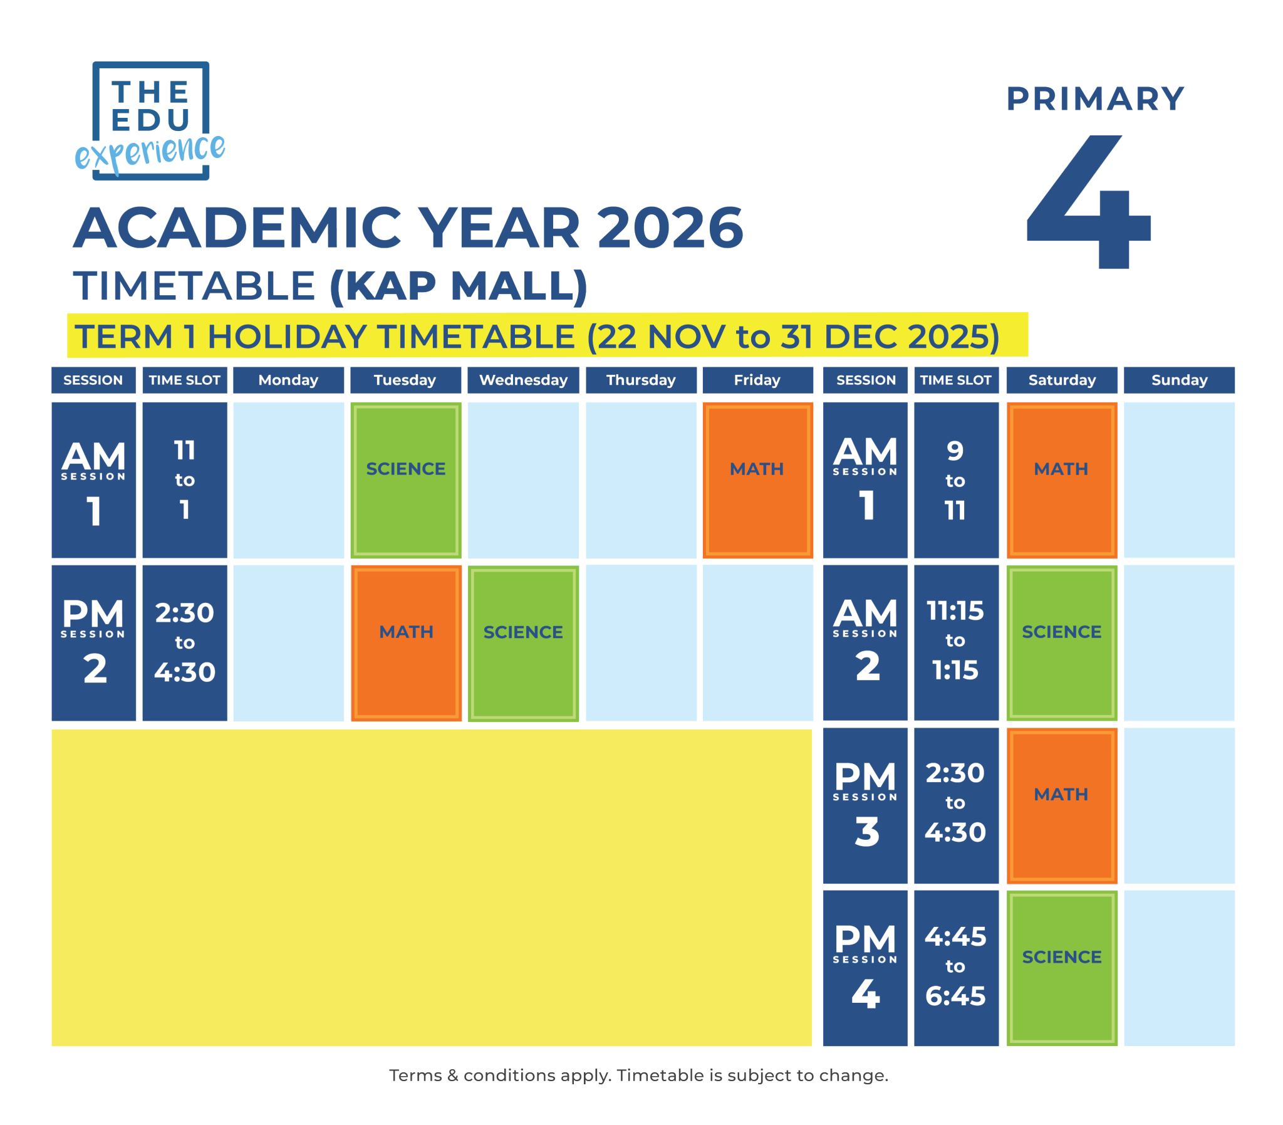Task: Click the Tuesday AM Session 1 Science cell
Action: pyautogui.click(x=405, y=479)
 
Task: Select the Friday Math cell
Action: pyautogui.click(x=757, y=479)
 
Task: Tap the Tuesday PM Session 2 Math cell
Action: pyautogui.click(x=405, y=643)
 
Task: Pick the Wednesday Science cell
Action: pyautogui.click(x=522, y=643)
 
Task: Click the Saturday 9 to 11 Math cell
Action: pyautogui.click(x=1061, y=479)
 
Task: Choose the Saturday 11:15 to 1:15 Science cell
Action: pyautogui.click(x=1061, y=643)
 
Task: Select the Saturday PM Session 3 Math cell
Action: pyautogui.click(x=1061, y=805)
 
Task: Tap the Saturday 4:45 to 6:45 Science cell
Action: pyautogui.click(x=1061, y=968)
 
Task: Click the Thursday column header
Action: pyautogui.click(x=640, y=380)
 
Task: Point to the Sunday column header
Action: pyautogui.click(x=1178, y=380)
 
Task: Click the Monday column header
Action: pyautogui.click(x=288, y=380)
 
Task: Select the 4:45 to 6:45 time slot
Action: pyautogui.click(x=955, y=968)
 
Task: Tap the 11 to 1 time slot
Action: pyautogui.click(x=184, y=479)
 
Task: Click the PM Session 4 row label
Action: pyautogui.click(x=865, y=968)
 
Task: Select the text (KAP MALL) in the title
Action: pyautogui.click(x=458, y=286)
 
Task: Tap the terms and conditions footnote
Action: pyautogui.click(x=638, y=1075)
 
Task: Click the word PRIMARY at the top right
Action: pyautogui.click(x=1095, y=99)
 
